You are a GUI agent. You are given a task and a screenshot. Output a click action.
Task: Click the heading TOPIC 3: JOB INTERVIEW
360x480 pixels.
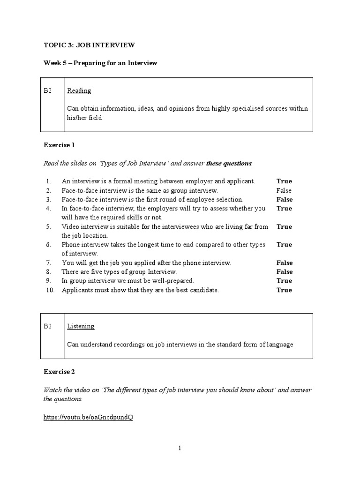89,45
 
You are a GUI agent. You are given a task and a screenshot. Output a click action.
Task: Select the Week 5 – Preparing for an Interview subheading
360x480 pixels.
100,63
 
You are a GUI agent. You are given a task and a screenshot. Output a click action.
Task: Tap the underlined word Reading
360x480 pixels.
79,90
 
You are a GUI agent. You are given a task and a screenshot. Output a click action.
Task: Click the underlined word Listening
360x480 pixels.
81,326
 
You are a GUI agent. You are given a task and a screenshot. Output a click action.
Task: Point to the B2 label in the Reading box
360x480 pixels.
47,90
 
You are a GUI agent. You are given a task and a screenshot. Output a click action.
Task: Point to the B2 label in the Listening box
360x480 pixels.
47,326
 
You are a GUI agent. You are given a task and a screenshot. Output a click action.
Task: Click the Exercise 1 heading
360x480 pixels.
59,145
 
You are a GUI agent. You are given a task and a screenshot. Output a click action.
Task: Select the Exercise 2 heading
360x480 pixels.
59,372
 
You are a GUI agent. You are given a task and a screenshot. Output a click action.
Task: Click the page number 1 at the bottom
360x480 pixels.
179,448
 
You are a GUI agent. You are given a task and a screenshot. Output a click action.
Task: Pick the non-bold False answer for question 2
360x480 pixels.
284,190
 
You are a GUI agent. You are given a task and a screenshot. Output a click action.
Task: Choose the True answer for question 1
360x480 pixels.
284,181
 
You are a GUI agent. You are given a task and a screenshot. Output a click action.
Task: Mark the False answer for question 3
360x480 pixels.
285,199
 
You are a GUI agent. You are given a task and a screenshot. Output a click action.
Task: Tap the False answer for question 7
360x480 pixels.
285,263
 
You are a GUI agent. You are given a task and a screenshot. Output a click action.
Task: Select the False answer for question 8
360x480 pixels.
285,272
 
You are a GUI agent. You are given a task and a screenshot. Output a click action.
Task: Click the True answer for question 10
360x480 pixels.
284,290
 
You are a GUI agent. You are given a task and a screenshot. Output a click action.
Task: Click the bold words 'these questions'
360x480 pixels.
229,164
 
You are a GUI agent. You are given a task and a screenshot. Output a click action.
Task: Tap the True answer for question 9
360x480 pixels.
284,281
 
